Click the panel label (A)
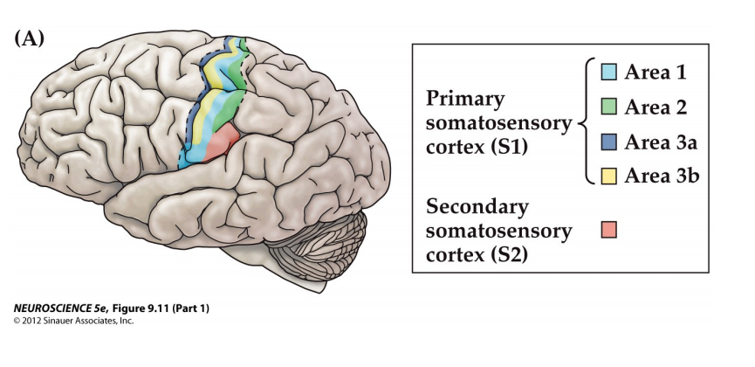pos(30,38)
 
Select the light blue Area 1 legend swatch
pos(610,73)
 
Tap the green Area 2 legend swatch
pos(610,107)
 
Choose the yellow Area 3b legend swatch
pos(610,176)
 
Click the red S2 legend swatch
pos(610,229)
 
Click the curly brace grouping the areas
pos(583,123)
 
